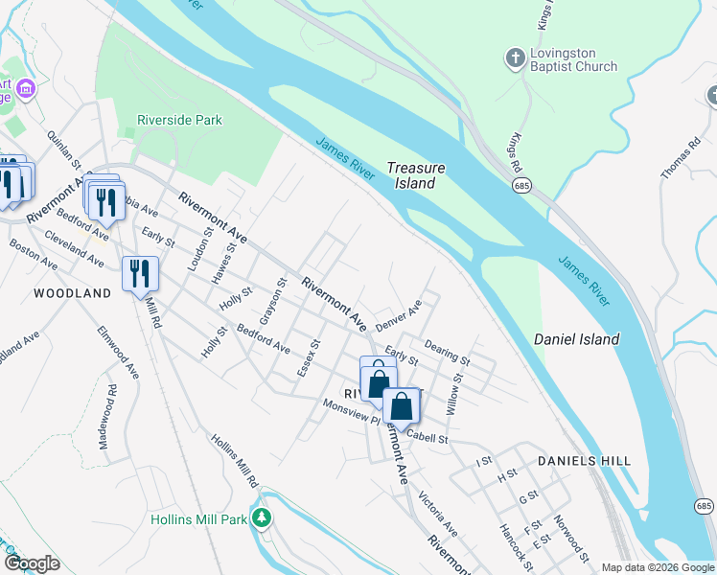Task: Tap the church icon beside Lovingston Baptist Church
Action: click(516, 59)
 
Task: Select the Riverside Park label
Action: click(180, 121)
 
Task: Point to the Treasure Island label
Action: click(416, 175)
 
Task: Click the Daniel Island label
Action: click(575, 339)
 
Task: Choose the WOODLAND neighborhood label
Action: click(73, 293)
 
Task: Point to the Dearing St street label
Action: click(447, 355)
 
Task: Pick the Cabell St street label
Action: click(427, 438)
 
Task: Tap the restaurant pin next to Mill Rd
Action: click(140, 273)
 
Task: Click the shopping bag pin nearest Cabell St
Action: click(402, 405)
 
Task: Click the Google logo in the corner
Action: click(32, 563)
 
